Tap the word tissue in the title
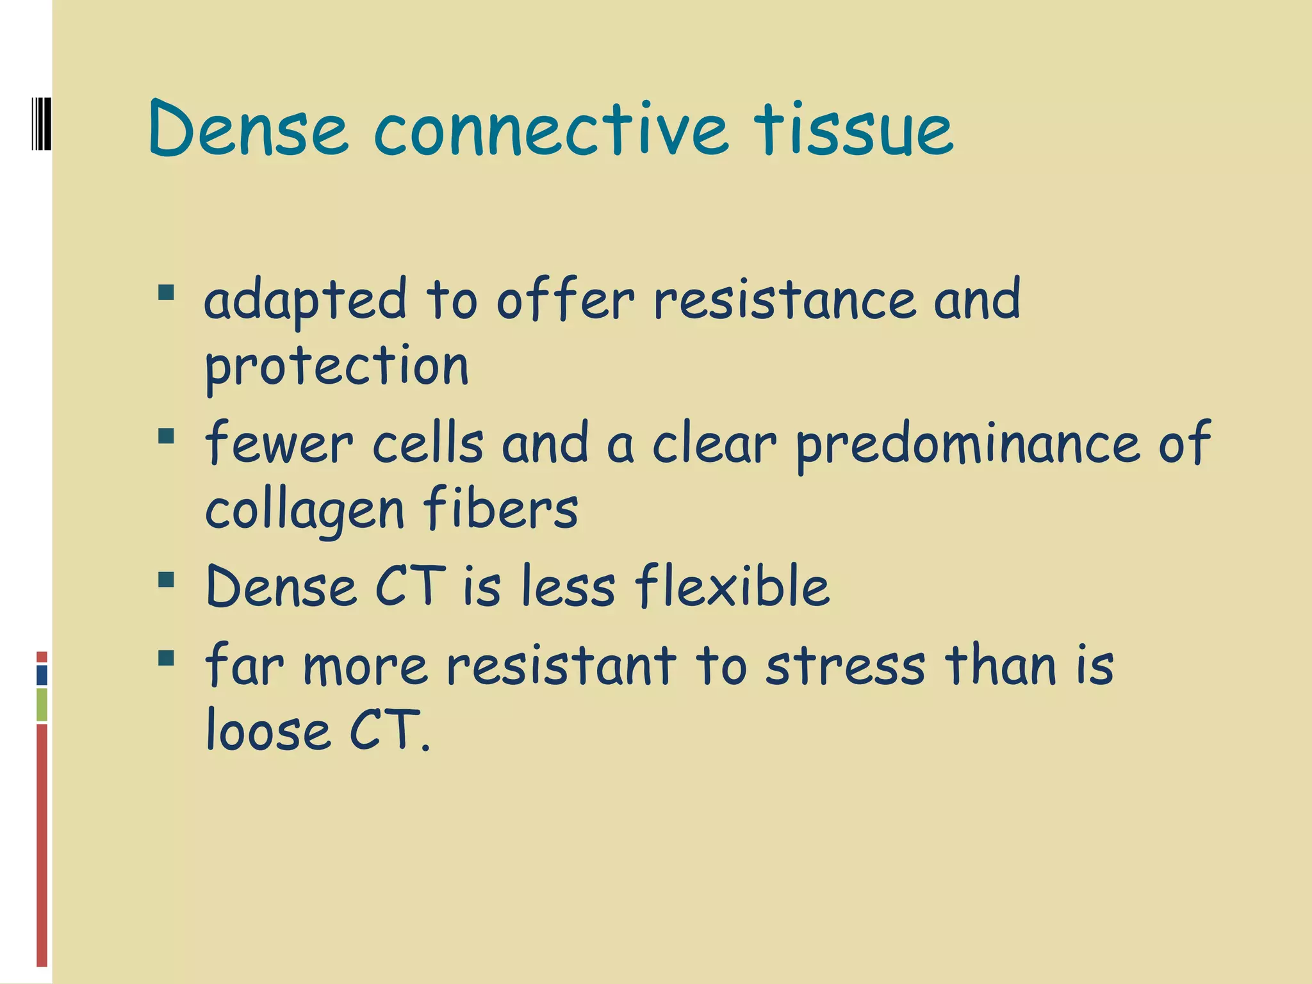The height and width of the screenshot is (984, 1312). [853, 131]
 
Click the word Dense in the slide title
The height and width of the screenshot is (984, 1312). [248, 131]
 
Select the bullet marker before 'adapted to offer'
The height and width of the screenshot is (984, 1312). [167, 293]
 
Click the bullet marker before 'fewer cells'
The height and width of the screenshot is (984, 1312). [167, 436]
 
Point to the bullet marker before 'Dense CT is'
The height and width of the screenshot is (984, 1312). [167, 580]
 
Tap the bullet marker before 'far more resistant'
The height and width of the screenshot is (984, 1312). [167, 658]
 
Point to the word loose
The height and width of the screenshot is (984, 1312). [268, 731]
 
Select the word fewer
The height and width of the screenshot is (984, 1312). [279, 443]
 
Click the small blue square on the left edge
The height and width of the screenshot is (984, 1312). [42, 675]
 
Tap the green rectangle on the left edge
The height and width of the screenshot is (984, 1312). [42, 704]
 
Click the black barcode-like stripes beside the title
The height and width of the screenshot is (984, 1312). [41, 124]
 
